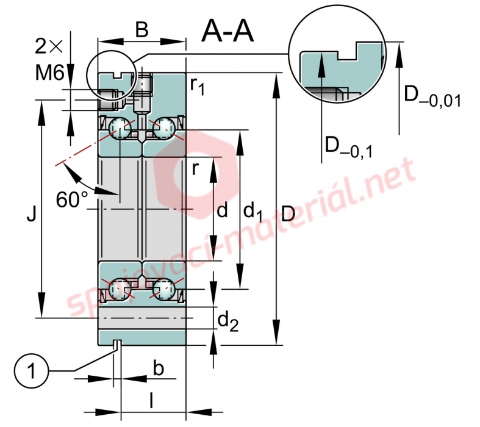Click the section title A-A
pos(227,31)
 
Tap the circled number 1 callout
pos(31,371)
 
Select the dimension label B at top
pos(142,30)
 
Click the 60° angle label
pos(72,199)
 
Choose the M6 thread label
pos(49,73)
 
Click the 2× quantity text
pos(49,46)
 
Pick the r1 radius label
pos(197,87)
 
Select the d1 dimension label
pos(253,212)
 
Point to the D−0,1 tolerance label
pos(349,148)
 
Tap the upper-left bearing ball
pos(120,127)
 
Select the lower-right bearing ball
pos(164,289)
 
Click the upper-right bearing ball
pos(164,127)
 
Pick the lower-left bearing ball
pos(120,289)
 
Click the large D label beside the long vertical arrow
pos(288,213)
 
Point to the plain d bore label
pos(222,210)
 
